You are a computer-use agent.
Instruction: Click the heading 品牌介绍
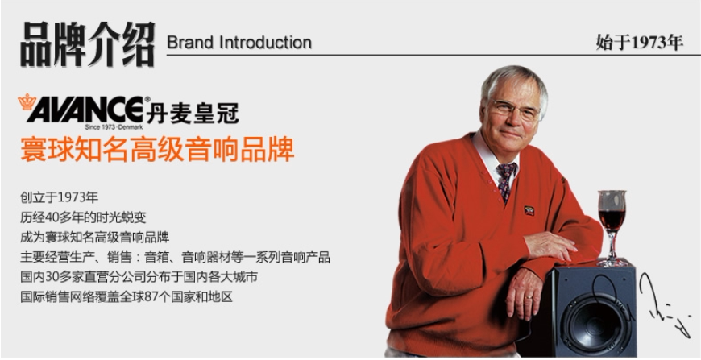88,44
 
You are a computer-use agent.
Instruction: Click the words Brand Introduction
239,43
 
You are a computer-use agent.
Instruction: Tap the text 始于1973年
639,43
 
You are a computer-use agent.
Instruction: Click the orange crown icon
27,102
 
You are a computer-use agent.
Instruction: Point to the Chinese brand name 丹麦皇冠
193,113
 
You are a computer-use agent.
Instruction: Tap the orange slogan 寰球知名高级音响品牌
157,149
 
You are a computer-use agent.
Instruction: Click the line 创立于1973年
59,197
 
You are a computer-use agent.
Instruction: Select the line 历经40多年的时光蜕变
83,217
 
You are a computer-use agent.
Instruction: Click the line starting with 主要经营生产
175,257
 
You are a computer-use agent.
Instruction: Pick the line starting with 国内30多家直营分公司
139,277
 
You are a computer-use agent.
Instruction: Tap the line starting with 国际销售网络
127,296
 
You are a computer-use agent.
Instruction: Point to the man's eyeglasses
515,109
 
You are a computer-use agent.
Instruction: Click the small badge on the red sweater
529,210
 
